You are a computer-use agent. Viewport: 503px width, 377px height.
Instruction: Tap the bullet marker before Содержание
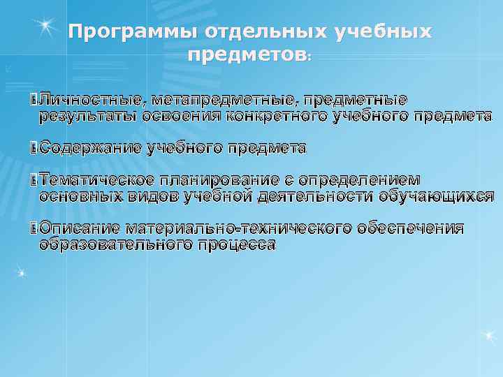35,148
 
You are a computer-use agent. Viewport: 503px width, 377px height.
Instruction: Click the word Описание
79,228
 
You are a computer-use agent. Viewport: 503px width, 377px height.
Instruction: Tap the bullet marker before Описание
35,228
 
